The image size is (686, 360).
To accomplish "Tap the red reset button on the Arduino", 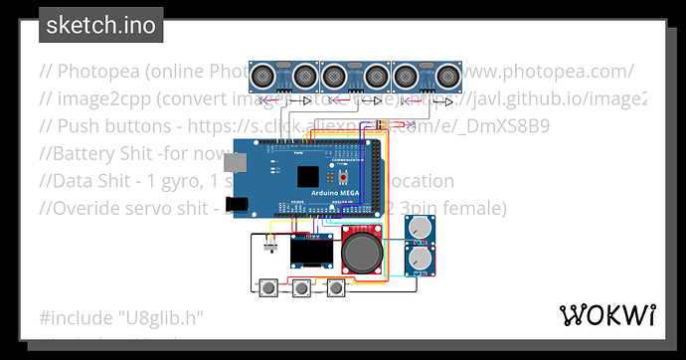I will point(345,176).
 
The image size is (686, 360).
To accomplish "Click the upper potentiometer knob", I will point(421,228).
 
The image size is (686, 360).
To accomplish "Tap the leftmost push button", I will point(268,289).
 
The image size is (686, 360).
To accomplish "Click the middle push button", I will point(302,289).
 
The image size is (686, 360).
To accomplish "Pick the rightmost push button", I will point(336,289).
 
